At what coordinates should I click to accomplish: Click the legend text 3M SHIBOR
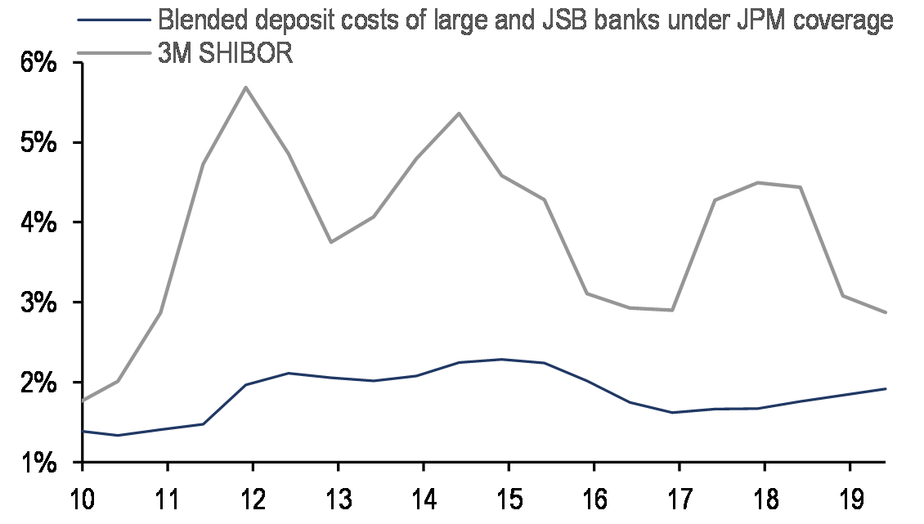click(226, 54)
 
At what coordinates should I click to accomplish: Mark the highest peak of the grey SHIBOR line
click(245, 87)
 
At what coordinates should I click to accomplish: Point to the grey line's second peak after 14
click(459, 113)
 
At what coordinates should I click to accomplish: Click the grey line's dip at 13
click(330, 242)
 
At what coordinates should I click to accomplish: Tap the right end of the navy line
click(886, 388)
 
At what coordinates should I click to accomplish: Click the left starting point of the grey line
click(83, 401)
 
